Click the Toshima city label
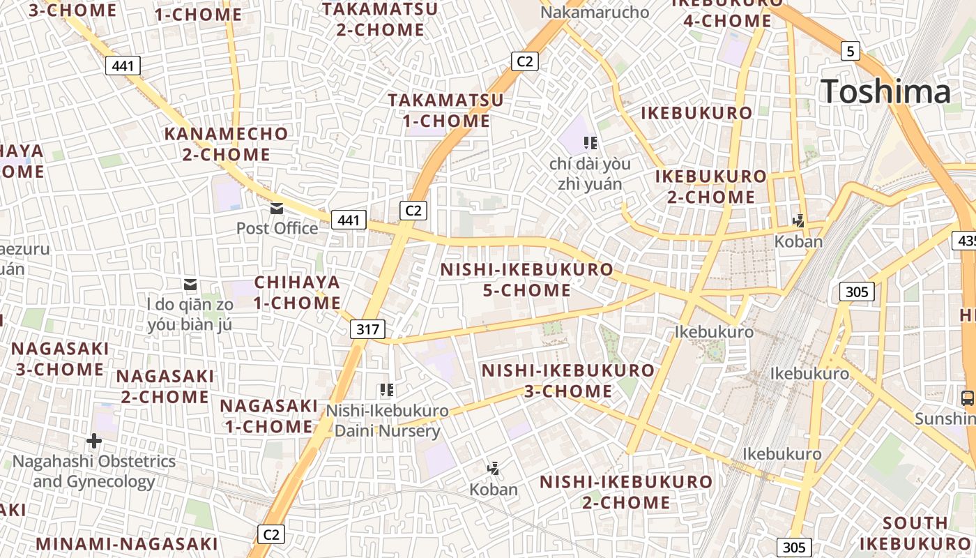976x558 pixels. tap(885, 92)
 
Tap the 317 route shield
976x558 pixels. tap(367, 330)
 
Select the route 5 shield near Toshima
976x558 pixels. tap(850, 51)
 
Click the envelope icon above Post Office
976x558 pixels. tap(277, 208)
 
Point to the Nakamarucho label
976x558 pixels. tap(595, 12)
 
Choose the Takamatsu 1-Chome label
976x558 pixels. tap(446, 110)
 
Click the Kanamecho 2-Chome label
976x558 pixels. tap(226, 144)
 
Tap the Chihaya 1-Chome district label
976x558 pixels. tap(297, 292)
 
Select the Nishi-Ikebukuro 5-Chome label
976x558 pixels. tap(527, 279)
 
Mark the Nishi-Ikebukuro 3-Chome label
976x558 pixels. tap(568, 380)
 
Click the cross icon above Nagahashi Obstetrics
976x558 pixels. tap(94, 441)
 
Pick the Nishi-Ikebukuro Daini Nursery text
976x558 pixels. tap(388, 421)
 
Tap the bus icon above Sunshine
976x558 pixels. tap(968, 398)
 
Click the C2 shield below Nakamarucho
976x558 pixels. tap(524, 61)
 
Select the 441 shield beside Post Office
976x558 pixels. tap(348, 220)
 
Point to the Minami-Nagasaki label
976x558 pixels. tap(127, 544)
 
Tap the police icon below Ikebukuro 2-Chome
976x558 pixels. tap(798, 221)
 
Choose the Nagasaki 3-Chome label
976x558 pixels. tap(60, 359)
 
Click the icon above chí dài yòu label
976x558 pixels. tap(590, 143)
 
